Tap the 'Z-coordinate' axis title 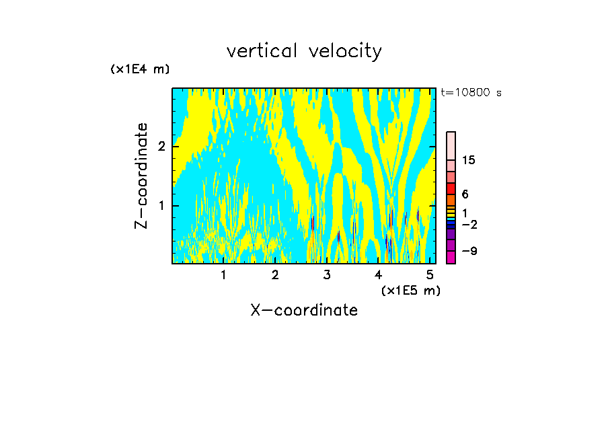[141, 175]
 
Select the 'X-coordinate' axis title [304, 310]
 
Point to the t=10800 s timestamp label [471, 93]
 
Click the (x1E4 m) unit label [140, 69]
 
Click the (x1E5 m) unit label [410, 290]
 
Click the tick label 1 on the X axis [223, 275]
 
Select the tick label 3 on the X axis [327, 275]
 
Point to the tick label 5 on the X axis [430, 275]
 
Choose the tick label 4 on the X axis [378, 275]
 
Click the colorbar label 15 [469, 160]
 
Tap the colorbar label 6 [465, 194]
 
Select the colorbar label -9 [469, 251]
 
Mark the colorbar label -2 [469, 224]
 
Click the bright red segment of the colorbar [451, 188]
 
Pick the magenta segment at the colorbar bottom [451, 257]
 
